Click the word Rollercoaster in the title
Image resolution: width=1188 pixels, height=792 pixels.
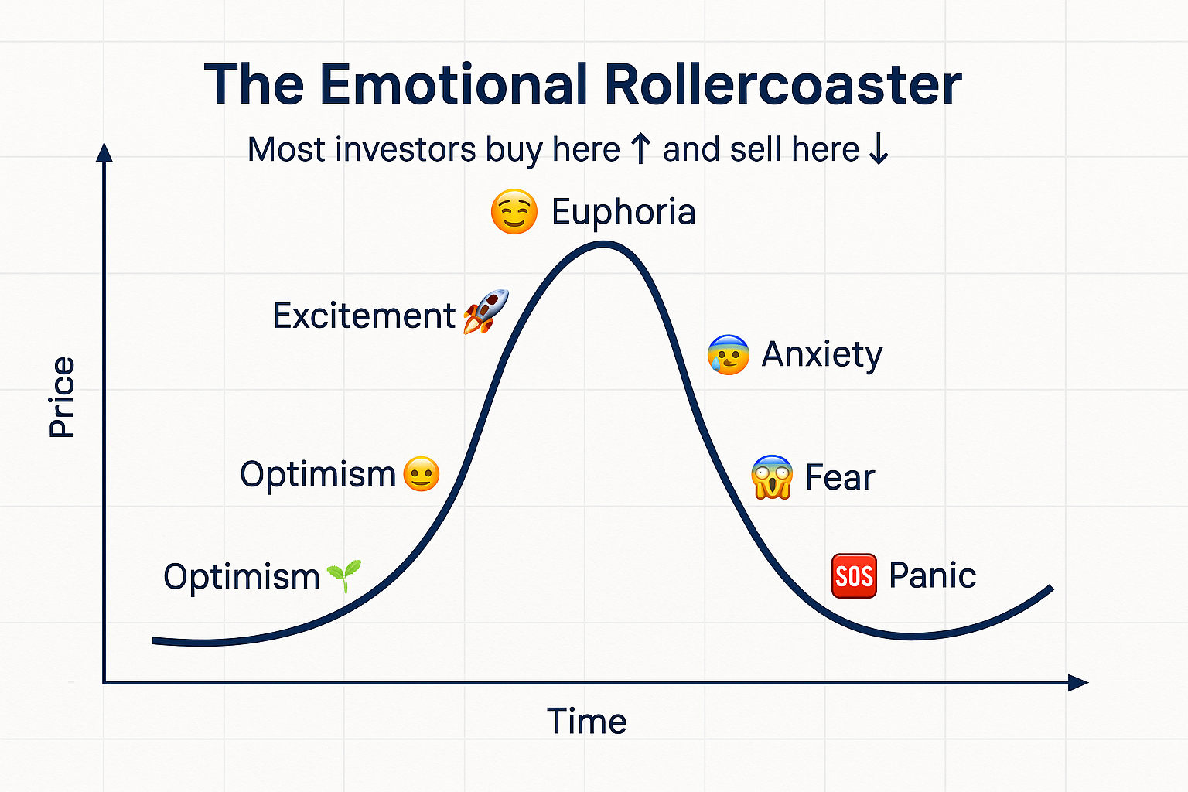tap(783, 84)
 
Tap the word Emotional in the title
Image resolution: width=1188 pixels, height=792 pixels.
tap(454, 84)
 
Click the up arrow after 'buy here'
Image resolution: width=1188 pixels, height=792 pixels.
tap(640, 148)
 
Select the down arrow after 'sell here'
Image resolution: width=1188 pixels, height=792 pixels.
tap(879, 148)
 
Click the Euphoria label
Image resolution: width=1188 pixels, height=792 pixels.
tap(623, 212)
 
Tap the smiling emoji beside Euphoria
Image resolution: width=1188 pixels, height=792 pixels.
tap(514, 211)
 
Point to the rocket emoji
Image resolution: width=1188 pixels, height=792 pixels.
tap(485, 312)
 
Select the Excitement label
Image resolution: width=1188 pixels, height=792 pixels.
tap(364, 316)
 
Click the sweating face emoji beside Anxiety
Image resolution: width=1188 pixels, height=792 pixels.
tap(728, 354)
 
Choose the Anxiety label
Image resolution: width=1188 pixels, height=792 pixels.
tap(822, 354)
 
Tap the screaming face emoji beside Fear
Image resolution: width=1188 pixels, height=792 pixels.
tap(772, 477)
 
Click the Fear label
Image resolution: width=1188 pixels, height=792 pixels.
tap(839, 477)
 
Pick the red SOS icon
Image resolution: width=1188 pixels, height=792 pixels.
tap(854, 575)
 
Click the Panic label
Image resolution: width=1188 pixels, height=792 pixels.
tap(932, 575)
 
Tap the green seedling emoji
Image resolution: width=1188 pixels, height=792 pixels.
tap(344, 575)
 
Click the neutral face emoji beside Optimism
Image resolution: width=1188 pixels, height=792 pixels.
tap(421, 473)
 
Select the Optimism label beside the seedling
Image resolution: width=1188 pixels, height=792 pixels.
tap(241, 577)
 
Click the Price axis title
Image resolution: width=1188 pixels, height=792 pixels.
tap(62, 397)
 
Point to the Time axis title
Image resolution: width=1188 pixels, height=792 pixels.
tap(586, 722)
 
